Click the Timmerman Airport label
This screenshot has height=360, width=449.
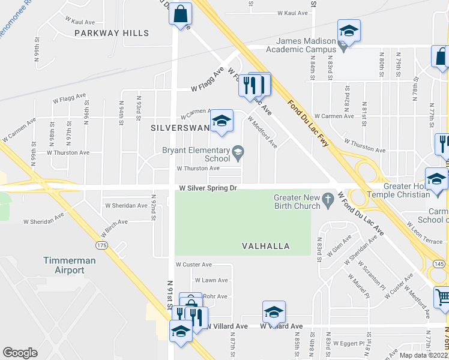64,265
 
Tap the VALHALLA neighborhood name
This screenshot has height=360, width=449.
266,246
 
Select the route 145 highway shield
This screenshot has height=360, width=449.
438,263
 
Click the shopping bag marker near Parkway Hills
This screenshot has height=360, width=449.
180,14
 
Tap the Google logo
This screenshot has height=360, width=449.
20,352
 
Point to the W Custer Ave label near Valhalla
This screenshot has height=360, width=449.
193,264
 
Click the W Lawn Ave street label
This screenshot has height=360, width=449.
211,280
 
